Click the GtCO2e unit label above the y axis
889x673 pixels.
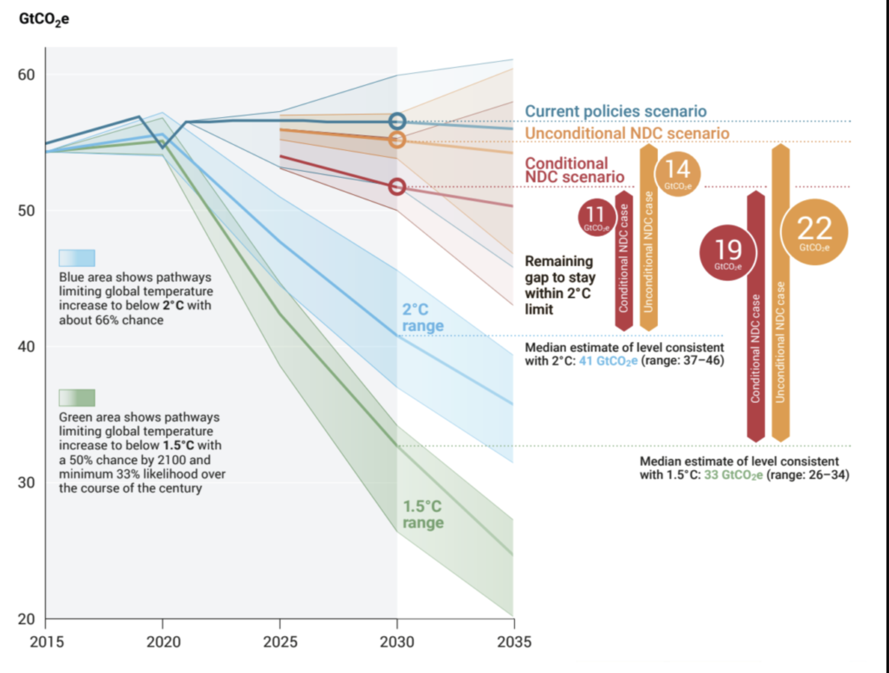pyautogui.click(x=44, y=19)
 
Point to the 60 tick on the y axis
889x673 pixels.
pyautogui.click(x=26, y=75)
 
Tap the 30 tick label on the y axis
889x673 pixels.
pyautogui.click(x=26, y=482)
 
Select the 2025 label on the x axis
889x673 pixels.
pyautogui.click(x=280, y=642)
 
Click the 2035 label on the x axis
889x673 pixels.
pyautogui.click(x=514, y=642)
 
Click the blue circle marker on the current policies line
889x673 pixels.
pyautogui.click(x=397, y=122)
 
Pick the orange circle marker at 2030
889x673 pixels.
pyautogui.click(x=397, y=140)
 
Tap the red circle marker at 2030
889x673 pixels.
pyautogui.click(x=397, y=187)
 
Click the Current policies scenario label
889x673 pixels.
pyautogui.click(x=615, y=111)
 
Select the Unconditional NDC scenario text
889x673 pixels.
pyautogui.click(x=627, y=133)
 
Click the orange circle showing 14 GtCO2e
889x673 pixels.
pyautogui.click(x=678, y=173)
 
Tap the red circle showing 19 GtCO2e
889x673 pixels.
pyautogui.click(x=728, y=253)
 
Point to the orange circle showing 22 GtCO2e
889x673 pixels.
pyautogui.click(x=814, y=232)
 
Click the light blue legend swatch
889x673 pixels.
pyautogui.click(x=77, y=258)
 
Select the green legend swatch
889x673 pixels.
pyautogui.click(x=77, y=397)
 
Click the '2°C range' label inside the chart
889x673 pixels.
pyautogui.click(x=422, y=317)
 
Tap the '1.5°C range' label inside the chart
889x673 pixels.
pyautogui.click(x=423, y=514)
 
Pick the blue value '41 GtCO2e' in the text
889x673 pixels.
pyautogui.click(x=608, y=361)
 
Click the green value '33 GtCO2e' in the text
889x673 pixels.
pyautogui.click(x=733, y=475)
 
